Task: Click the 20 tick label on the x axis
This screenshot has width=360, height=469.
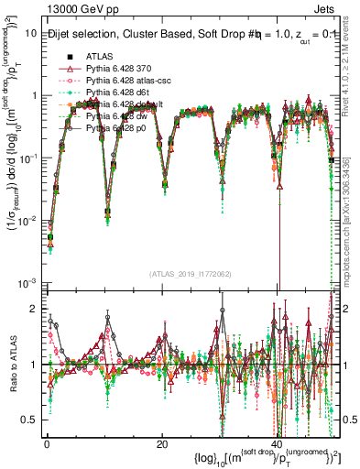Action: (x=161, y=444)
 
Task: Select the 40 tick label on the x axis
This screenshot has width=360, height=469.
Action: (x=276, y=444)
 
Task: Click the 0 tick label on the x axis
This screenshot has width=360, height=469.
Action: (x=47, y=444)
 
